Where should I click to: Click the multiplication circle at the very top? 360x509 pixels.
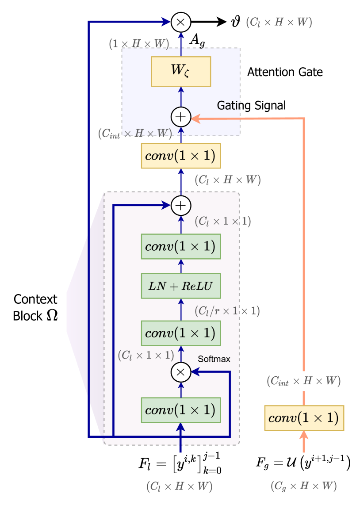180,22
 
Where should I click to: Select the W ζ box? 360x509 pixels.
181,71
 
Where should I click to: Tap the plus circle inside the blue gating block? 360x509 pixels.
180,117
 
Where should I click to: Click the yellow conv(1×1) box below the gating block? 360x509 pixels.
180,156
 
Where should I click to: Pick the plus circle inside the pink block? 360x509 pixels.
180,206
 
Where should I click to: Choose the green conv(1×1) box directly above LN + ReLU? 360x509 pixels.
180,246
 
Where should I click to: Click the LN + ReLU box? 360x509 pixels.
180,286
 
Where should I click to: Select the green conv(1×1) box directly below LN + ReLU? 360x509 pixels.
180,333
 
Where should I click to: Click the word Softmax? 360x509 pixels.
214,359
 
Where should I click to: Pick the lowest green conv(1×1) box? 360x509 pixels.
180,410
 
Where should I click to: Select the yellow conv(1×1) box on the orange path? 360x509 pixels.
304,417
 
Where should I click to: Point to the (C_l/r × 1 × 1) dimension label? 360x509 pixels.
227,311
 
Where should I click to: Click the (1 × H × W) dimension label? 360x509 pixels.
139,44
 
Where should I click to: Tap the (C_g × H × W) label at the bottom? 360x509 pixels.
303,486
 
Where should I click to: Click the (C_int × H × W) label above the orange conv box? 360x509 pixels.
303,381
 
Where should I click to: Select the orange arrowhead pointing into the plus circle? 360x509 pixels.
196,118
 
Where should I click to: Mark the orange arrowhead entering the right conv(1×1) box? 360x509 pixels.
304,436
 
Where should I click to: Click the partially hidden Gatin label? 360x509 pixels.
228,105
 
